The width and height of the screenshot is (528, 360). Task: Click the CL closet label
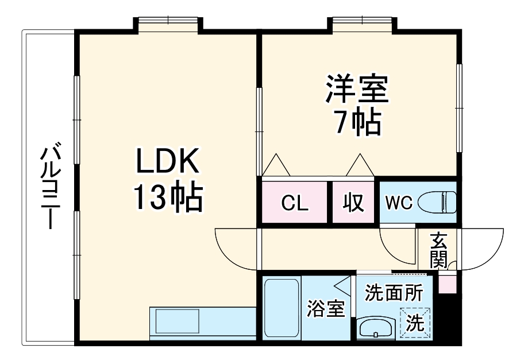(x=295, y=203)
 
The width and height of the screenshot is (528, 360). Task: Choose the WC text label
(x=398, y=203)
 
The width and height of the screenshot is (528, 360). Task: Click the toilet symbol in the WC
(x=438, y=202)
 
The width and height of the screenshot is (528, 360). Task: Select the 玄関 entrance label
(x=438, y=250)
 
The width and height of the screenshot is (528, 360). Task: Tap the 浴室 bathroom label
(x=325, y=309)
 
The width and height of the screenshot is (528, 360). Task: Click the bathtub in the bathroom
(x=282, y=308)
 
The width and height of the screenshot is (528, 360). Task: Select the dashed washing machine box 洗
(x=414, y=323)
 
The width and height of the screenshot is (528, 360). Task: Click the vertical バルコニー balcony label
(x=49, y=187)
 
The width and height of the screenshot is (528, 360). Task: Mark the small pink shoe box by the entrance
(x=447, y=284)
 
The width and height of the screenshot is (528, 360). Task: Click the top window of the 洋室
(x=361, y=22)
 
